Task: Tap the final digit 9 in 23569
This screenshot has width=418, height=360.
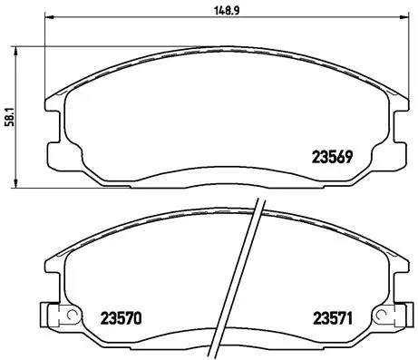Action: [347, 154]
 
